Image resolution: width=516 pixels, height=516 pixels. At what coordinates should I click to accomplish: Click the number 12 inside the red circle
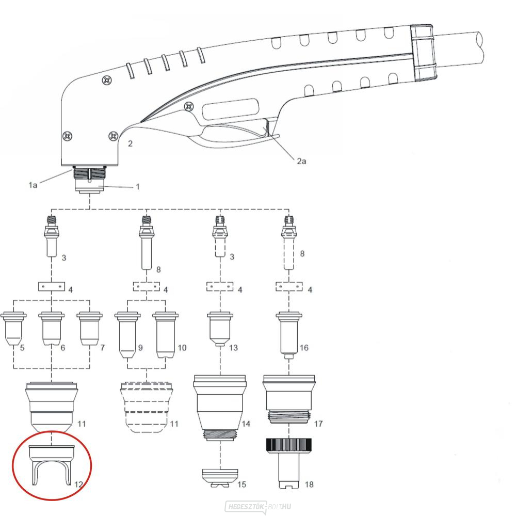point(78,484)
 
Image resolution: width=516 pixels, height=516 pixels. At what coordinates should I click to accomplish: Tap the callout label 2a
point(301,161)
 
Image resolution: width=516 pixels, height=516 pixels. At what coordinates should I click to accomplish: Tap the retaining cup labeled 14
point(219,408)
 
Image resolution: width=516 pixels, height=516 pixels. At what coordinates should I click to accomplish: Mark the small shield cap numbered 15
point(220,478)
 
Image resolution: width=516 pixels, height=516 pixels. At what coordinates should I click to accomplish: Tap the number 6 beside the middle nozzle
point(63,348)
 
